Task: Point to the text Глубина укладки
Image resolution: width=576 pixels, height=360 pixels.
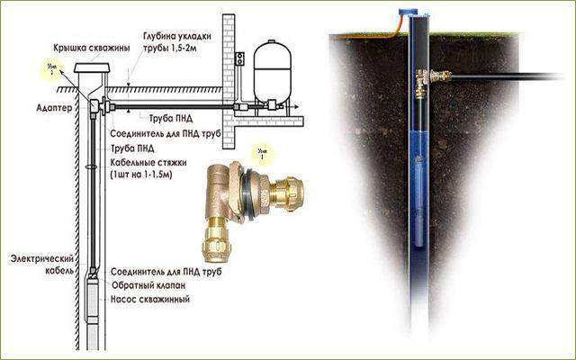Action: coord(171,37)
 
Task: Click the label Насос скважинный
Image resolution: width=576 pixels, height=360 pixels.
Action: coord(149,298)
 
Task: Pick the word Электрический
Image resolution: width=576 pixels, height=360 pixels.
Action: coord(40,257)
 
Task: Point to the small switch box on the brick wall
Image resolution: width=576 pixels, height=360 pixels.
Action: coord(241,58)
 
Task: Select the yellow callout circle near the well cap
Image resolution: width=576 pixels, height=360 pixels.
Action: coord(51,69)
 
